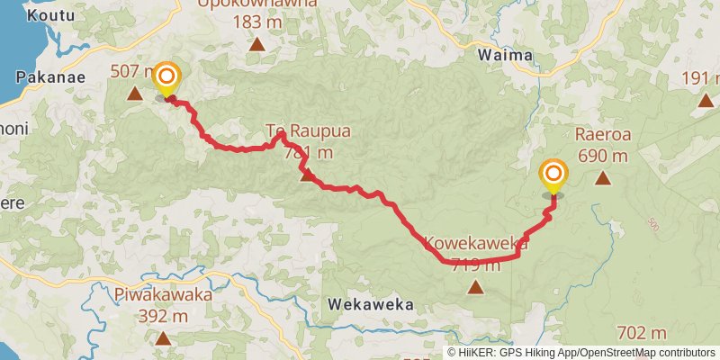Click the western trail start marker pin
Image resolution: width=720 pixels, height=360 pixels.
[x=166, y=79]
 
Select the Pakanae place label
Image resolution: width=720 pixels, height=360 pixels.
[x=51, y=77]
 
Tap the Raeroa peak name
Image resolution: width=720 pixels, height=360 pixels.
[x=600, y=135]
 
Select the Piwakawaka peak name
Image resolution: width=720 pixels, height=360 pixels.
[x=163, y=295]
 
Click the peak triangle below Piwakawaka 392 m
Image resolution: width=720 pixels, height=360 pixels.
[x=163, y=338]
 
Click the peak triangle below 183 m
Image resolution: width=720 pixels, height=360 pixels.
[x=257, y=43]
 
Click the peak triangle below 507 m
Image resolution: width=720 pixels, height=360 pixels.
[x=135, y=93]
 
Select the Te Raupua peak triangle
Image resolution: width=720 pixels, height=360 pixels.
[x=308, y=175]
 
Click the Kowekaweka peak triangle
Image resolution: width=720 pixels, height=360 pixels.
[x=474, y=288]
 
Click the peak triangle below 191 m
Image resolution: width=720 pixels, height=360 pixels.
[x=706, y=101]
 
